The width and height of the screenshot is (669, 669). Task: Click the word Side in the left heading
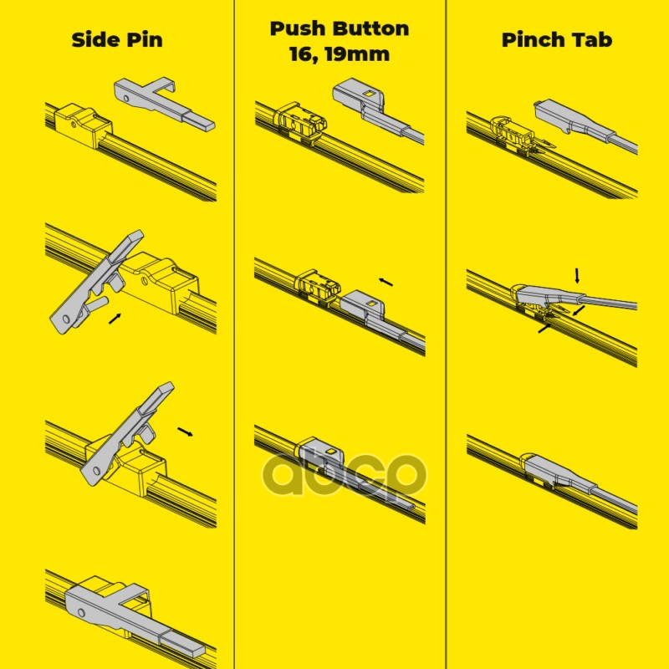(94, 39)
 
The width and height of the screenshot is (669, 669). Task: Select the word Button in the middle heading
(370, 28)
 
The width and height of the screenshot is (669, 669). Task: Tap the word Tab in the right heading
(591, 39)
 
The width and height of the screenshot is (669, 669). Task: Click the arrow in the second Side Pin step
(115, 319)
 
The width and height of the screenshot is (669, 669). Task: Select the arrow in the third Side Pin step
(185, 432)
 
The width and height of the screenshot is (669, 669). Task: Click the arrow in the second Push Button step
(386, 282)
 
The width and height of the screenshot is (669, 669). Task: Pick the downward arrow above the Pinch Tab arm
(577, 276)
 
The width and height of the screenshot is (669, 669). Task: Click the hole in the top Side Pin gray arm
(126, 98)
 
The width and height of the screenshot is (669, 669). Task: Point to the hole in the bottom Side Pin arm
(82, 613)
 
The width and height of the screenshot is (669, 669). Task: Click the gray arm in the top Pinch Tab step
(585, 126)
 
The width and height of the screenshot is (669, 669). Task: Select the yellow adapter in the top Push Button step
(300, 120)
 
